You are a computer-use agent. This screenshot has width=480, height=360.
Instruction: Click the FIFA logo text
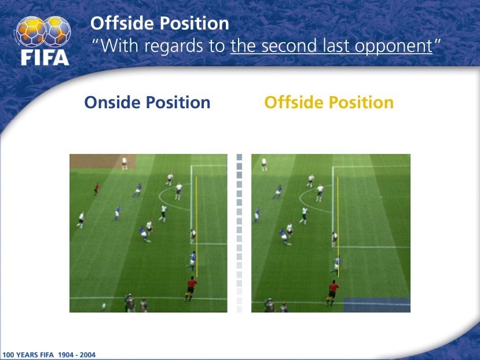45,57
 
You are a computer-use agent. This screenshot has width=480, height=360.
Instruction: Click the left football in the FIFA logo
31,31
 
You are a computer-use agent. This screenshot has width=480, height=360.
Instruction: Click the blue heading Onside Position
147,102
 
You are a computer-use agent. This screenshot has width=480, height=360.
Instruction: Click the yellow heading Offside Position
329,102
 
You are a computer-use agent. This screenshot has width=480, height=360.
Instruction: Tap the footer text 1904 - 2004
77,355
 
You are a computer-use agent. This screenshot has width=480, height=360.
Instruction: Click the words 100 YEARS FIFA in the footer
28,355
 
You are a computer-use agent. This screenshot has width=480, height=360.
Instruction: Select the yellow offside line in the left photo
196,227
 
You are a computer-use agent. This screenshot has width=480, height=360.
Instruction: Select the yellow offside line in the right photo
338,227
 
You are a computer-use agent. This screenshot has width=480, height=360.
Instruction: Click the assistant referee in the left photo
190,288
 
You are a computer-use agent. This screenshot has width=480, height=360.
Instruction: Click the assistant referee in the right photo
332,293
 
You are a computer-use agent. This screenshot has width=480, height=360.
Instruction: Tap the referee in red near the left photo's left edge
97,189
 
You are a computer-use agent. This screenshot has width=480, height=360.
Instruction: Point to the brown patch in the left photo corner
102,161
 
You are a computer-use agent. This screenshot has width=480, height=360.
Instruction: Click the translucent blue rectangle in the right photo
377,305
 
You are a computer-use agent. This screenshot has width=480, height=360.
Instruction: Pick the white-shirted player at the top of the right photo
264,164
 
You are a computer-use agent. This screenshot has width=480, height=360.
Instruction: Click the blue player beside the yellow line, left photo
192,261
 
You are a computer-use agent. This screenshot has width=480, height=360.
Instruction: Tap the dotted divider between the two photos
239,233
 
